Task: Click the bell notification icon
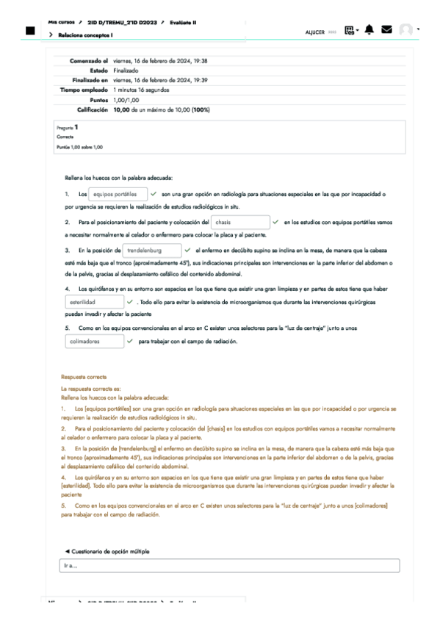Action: tap(369, 29)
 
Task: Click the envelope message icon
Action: tap(386, 29)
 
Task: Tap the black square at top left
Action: tap(30, 31)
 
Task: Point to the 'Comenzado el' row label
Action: tap(89, 60)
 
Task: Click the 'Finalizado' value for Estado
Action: tap(126, 70)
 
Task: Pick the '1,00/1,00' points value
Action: tap(126, 99)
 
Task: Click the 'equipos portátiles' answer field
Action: tap(118, 194)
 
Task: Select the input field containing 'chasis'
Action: tap(239, 222)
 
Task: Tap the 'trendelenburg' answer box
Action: tap(151, 251)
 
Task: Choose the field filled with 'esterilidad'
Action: tap(94, 301)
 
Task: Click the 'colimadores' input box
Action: tap(94, 342)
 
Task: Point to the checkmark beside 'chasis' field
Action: tap(275, 222)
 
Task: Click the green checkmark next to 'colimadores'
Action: tap(130, 342)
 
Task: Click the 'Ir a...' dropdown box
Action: tap(229, 566)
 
